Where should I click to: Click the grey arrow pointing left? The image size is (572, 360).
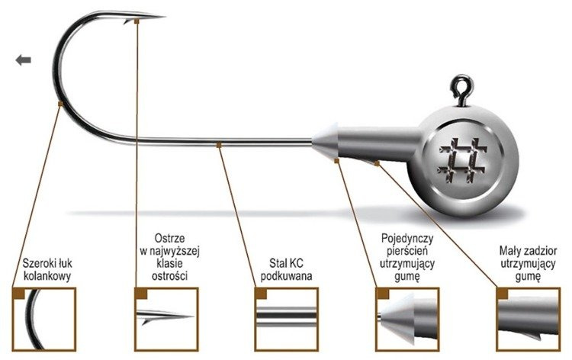coord(22,60)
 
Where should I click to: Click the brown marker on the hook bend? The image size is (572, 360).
coord(60,102)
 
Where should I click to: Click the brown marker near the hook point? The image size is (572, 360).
coord(136,21)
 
